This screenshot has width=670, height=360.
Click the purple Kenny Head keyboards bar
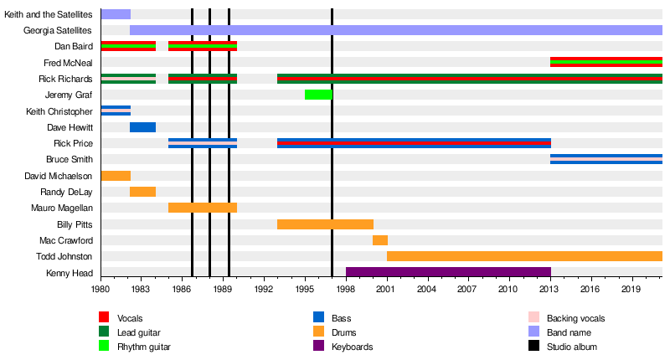[448, 272]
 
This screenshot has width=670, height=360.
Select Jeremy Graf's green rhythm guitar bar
[318, 95]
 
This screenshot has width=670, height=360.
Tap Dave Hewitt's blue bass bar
[142, 127]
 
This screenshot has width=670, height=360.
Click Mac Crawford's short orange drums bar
[380, 240]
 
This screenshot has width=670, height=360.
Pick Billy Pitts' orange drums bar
[325, 224]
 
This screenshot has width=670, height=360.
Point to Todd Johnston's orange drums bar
[524, 256]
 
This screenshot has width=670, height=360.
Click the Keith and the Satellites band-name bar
[116, 14]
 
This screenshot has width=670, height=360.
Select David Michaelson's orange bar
[116, 176]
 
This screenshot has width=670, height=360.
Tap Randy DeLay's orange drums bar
[142, 192]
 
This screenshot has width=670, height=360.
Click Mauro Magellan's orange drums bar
[203, 208]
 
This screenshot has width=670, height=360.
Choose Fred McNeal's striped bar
[606, 63]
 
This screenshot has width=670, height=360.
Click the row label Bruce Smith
[70, 160]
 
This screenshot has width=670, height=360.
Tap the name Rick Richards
[65, 79]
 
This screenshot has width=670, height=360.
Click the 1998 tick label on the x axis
[346, 289]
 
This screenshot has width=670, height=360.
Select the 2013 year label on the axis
[550, 289]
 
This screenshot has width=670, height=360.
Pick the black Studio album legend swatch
[533, 347]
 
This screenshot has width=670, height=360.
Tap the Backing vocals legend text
[575, 319]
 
